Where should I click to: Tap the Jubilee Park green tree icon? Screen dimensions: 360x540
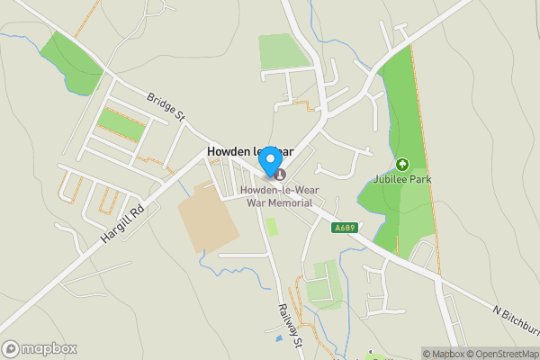tap(402, 165)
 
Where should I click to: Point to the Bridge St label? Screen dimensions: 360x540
tap(166, 107)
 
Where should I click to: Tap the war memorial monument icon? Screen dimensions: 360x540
tap(280, 175)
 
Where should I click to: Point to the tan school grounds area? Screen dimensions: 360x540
tap(208, 217)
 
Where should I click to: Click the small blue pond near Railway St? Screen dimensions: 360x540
tap(279, 337)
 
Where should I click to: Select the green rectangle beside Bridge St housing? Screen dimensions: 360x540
tap(121, 124)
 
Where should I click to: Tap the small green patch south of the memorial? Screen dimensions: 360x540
tap(272, 226)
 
